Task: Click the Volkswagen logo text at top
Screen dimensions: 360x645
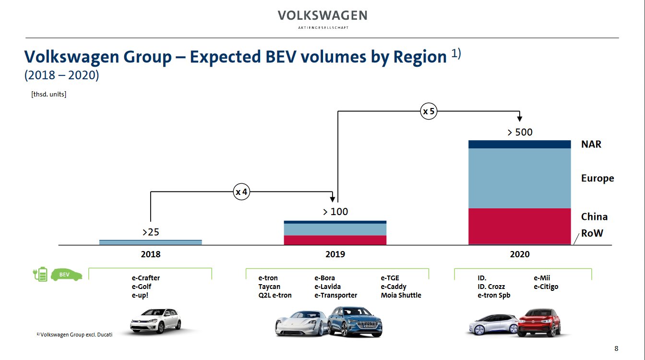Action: pyautogui.click(x=322, y=16)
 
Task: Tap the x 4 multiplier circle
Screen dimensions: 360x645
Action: pyautogui.click(x=241, y=192)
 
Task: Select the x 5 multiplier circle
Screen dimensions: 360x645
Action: pyautogui.click(x=429, y=112)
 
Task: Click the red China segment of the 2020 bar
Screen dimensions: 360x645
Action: pyautogui.click(x=519, y=226)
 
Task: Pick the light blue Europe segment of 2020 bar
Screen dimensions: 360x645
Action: pyautogui.click(x=519, y=178)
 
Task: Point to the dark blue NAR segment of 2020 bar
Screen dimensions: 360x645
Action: pyautogui.click(x=519, y=144)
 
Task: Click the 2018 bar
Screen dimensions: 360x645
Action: pyautogui.click(x=150, y=242)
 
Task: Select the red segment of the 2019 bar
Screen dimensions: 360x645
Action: pyautogui.click(x=335, y=240)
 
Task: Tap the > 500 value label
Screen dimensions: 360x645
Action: pyautogui.click(x=520, y=132)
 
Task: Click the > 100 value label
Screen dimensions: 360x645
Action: pyautogui.click(x=335, y=212)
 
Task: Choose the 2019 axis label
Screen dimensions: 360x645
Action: pyautogui.click(x=335, y=254)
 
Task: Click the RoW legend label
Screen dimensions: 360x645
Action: pyautogui.click(x=592, y=234)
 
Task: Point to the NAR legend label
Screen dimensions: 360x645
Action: pyautogui.click(x=591, y=144)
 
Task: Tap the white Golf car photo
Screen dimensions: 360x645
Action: pyautogui.click(x=155, y=320)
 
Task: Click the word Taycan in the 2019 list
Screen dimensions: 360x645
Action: pyautogui.click(x=269, y=287)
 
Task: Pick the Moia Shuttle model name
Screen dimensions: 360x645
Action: pyautogui.click(x=401, y=295)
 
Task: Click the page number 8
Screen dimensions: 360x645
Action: pyautogui.click(x=616, y=348)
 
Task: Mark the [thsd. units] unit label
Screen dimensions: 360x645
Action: pyautogui.click(x=48, y=94)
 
